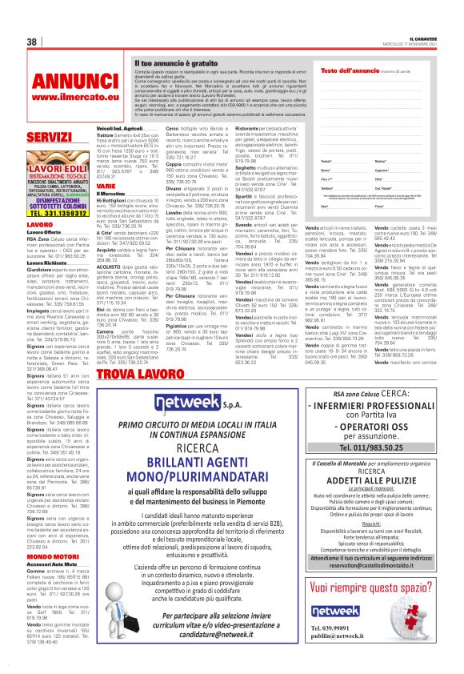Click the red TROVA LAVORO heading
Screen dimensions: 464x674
tap(129, 374)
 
